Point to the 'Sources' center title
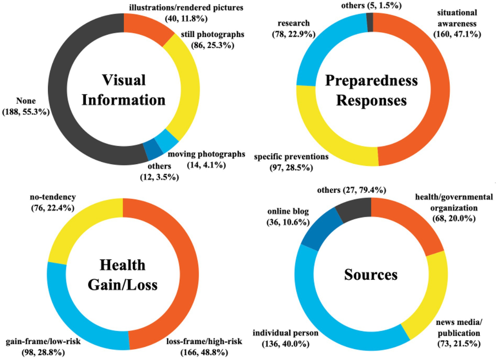click(x=371, y=274)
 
